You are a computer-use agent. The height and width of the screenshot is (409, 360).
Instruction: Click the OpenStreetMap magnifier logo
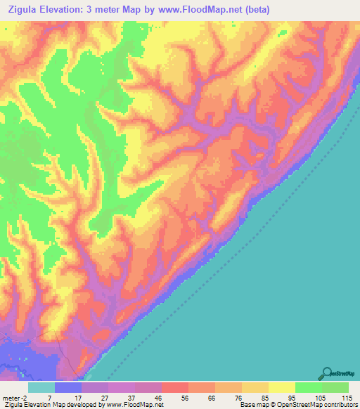327,373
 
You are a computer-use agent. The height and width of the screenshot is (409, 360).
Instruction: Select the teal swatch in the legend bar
41,387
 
